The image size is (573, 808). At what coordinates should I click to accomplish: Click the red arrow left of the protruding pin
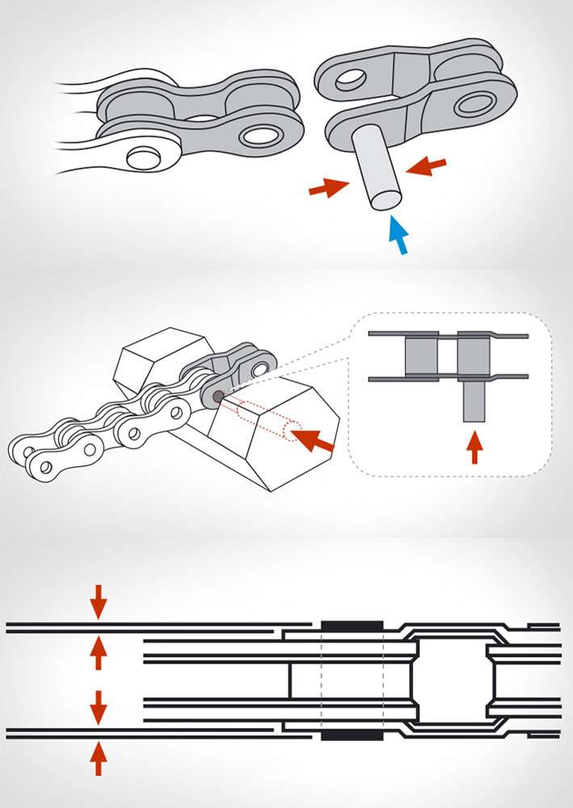(x=327, y=188)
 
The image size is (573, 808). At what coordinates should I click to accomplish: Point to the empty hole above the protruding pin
(x=349, y=79)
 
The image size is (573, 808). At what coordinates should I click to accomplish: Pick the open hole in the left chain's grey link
(x=259, y=135)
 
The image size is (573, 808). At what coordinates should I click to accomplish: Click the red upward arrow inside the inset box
(x=474, y=448)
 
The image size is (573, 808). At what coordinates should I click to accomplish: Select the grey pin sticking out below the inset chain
(x=473, y=401)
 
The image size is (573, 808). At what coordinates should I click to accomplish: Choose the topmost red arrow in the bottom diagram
(x=98, y=601)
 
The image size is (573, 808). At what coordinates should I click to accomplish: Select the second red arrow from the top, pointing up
(x=98, y=653)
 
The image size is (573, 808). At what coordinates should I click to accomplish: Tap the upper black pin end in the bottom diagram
(x=352, y=625)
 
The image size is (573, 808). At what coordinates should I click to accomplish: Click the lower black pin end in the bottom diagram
(x=352, y=736)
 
